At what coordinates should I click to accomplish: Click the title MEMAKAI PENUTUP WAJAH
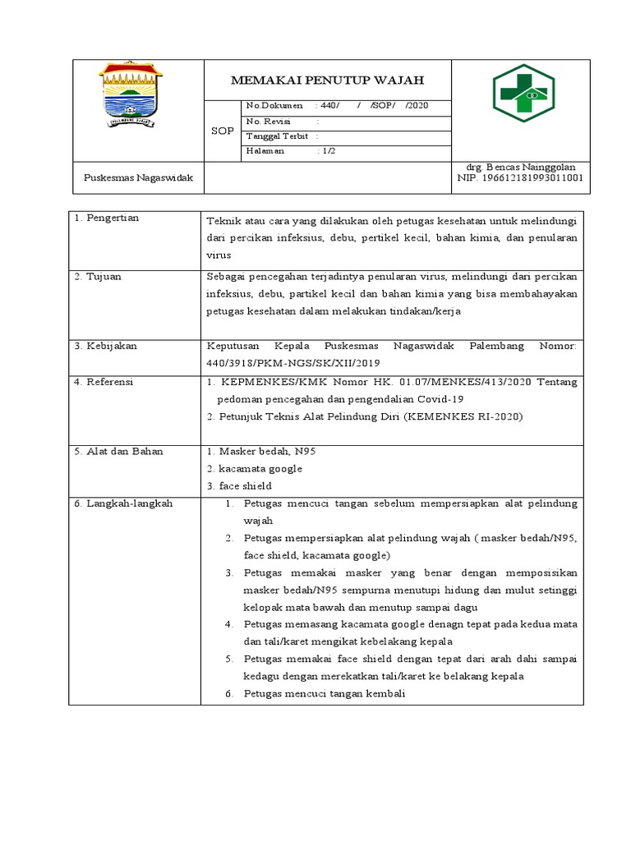coord(327,80)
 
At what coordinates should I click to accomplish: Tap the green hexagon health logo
coord(523,93)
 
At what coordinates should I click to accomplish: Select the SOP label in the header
coord(222,131)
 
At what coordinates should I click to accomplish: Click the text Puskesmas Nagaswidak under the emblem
coord(138,177)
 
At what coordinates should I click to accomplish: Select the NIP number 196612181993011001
coord(520,177)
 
